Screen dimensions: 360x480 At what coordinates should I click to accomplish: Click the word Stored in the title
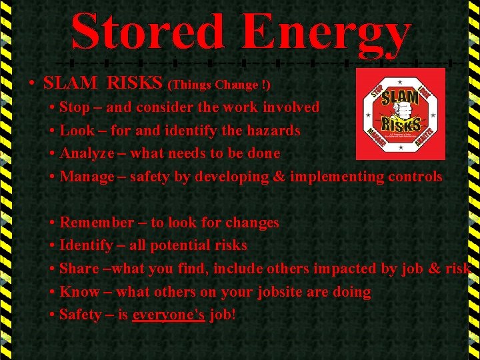[148, 32]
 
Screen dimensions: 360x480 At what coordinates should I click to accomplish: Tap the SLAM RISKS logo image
[400, 114]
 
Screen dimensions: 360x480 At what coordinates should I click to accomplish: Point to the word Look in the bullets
[75, 131]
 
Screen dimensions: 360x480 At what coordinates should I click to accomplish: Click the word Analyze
[85, 154]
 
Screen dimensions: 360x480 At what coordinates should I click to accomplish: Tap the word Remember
[97, 223]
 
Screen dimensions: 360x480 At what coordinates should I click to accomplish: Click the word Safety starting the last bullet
[81, 315]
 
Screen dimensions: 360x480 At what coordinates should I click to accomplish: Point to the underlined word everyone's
[169, 315]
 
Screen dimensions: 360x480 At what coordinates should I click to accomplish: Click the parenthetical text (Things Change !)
[220, 85]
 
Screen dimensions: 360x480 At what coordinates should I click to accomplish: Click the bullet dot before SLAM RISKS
[32, 84]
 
